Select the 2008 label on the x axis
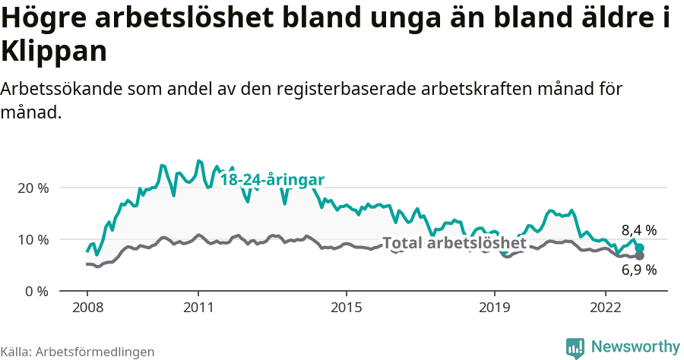pyautogui.click(x=87, y=308)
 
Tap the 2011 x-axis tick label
pyautogui.click(x=198, y=308)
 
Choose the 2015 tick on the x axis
pyautogui.click(x=346, y=308)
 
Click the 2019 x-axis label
pyautogui.click(x=494, y=308)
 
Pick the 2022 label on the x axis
pyautogui.click(x=605, y=308)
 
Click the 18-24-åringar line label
pyautogui.click(x=272, y=180)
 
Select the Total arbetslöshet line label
pyautogui.click(x=454, y=243)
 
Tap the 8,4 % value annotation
pyautogui.click(x=638, y=230)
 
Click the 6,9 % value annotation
pyautogui.click(x=638, y=270)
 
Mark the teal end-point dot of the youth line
pyautogui.click(x=640, y=248)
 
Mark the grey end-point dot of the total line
pyautogui.click(x=640, y=256)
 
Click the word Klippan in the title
pyautogui.click(x=53, y=51)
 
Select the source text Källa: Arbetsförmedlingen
pyautogui.click(x=78, y=352)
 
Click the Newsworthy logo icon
pyautogui.click(x=575, y=347)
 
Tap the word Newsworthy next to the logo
pyautogui.click(x=635, y=347)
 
